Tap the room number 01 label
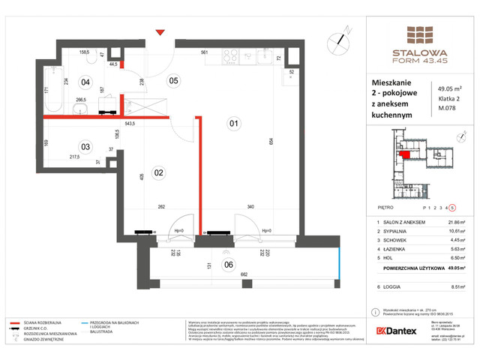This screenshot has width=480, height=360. [233, 123]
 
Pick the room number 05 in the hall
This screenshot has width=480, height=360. [173, 80]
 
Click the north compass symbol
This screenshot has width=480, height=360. [342, 34]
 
